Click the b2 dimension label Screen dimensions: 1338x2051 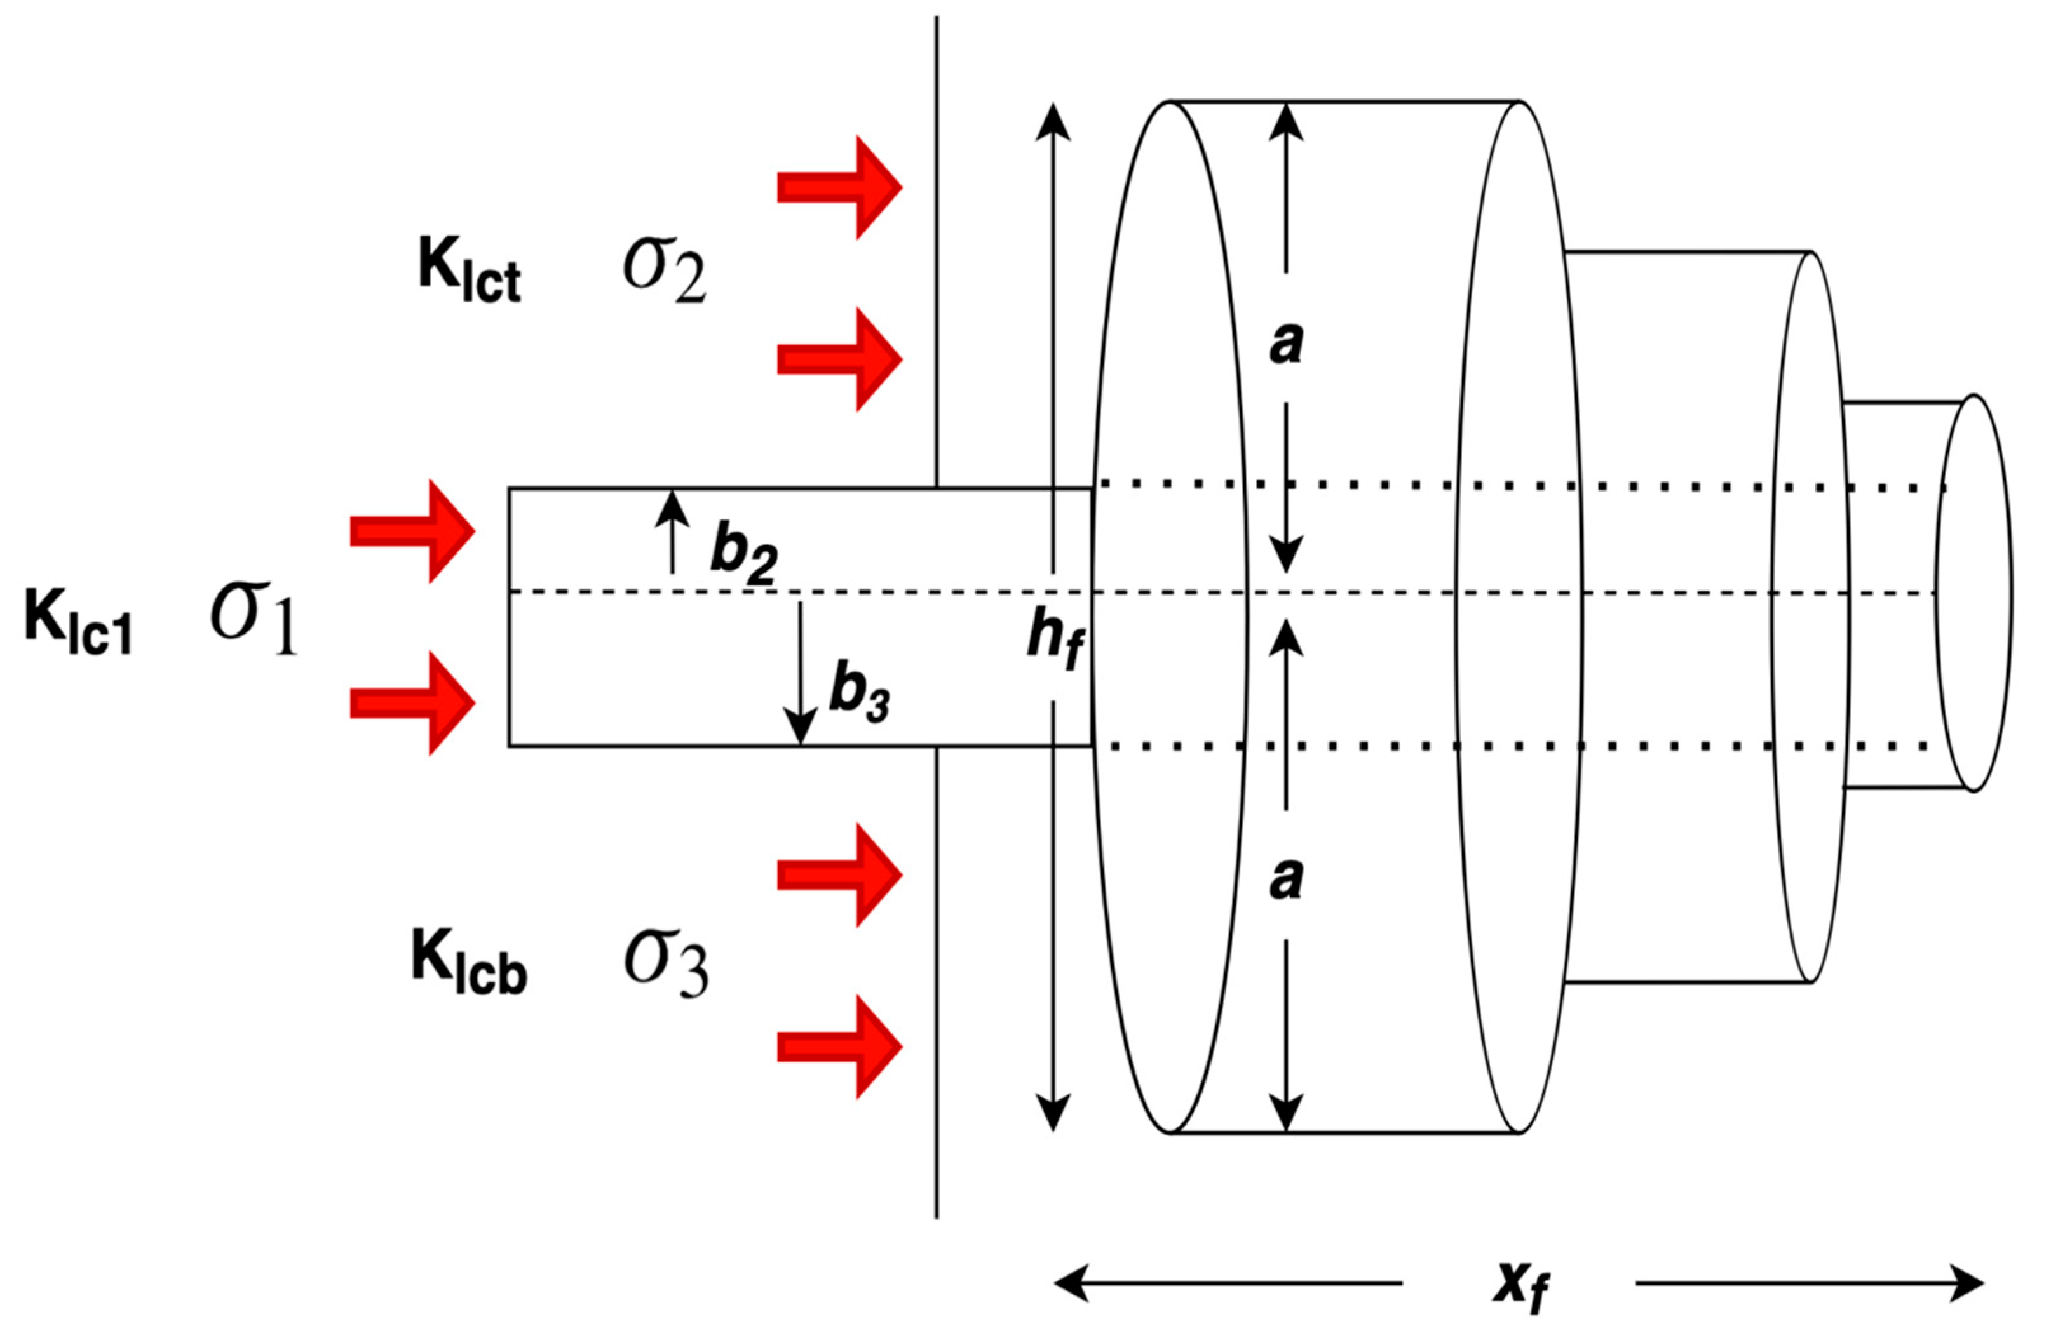(743, 556)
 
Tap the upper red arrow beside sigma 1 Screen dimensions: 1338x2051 (412, 532)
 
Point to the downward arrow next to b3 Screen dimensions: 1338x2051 (801, 672)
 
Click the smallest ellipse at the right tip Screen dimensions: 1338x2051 (1974, 592)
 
